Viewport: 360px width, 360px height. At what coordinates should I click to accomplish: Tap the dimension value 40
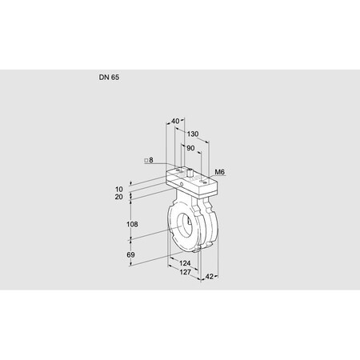[x=175, y=121]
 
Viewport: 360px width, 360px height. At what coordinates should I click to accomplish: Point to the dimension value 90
[x=190, y=148]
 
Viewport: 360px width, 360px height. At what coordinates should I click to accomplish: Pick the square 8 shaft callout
[x=149, y=161]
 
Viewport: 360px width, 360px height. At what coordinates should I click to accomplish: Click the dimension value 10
[x=119, y=188]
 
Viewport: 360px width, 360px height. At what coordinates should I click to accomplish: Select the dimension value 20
[x=119, y=197]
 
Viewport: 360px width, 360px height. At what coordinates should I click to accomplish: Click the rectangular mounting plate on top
[x=192, y=181]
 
